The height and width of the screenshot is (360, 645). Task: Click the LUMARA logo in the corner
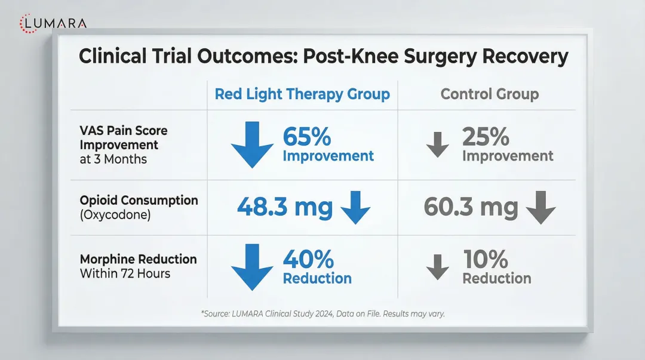click(x=53, y=23)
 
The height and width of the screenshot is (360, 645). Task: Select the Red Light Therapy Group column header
click(x=302, y=94)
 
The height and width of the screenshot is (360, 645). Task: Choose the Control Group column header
click(x=489, y=94)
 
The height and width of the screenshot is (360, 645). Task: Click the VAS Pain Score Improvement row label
click(x=124, y=145)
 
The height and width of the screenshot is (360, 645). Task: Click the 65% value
click(x=306, y=137)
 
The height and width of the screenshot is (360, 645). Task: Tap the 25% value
click(x=485, y=137)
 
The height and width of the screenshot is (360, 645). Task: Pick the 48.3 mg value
click(x=285, y=207)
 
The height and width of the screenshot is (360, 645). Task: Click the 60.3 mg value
click(x=471, y=207)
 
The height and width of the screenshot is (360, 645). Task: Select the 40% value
click(x=308, y=259)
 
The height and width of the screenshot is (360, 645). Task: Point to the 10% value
click(x=486, y=259)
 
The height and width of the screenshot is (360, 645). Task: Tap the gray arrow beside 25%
click(x=438, y=145)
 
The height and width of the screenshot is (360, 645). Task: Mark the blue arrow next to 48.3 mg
click(x=355, y=208)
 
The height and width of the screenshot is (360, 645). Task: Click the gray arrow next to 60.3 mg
click(x=541, y=208)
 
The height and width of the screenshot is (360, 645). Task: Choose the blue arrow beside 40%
click(x=252, y=267)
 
